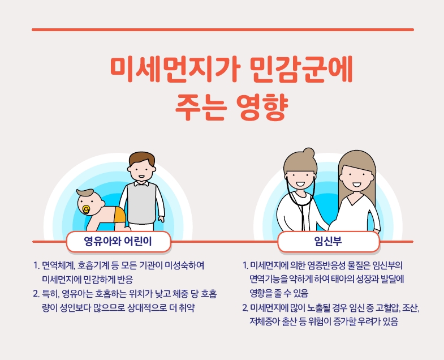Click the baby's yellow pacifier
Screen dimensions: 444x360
pyautogui.click(x=86, y=210)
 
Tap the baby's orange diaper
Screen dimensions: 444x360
pyautogui.click(x=120, y=215)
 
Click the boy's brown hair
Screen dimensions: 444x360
pyautogui.click(x=142, y=159)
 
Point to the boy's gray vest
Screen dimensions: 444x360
pyautogui.click(x=141, y=203)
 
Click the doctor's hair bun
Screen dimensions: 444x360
pyautogui.click(x=308, y=152)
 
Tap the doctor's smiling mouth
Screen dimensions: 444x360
pyautogui.click(x=300, y=185)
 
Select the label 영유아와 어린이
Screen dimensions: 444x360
pyautogui.click(x=118, y=241)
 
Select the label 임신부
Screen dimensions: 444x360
pyautogui.click(x=328, y=241)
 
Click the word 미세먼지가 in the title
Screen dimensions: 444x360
pyautogui.click(x=175, y=70)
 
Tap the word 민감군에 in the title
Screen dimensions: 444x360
pyautogui.click(x=302, y=70)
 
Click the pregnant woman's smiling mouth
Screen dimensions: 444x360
pyautogui.click(x=357, y=185)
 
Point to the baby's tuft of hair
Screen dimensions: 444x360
pyautogui.click(x=84, y=192)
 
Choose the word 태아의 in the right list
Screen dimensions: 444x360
pyautogui.click(x=344, y=280)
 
